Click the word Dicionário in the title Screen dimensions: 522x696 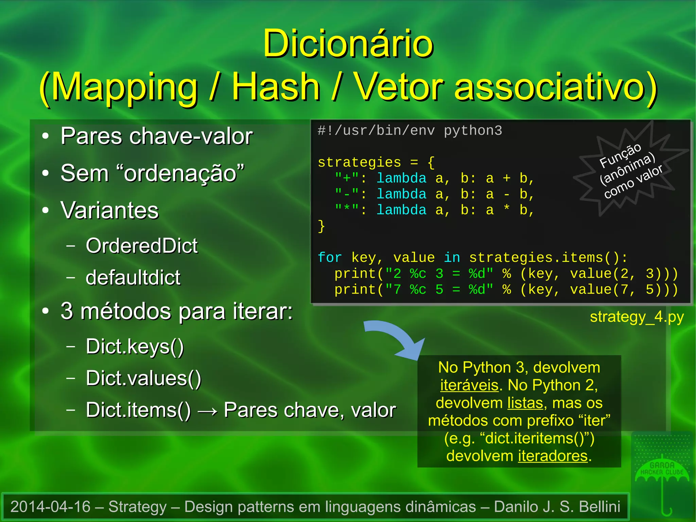coord(348,44)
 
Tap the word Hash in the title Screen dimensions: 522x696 coord(276,87)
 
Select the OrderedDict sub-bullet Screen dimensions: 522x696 coord(141,246)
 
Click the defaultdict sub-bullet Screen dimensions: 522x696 coord(133,277)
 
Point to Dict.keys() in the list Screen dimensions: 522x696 coord(135,347)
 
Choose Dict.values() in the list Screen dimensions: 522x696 coord(143,378)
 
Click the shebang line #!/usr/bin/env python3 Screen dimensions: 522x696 coord(410,131)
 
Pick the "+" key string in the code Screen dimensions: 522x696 coord(347,178)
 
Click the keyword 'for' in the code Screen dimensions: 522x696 coord(330,258)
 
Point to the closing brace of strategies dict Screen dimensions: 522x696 coord(321,226)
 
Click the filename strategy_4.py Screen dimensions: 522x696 coord(637,317)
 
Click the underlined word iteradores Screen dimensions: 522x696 coord(553,456)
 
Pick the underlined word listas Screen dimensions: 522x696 coord(525,403)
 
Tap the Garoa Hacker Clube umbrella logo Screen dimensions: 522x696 coord(662,476)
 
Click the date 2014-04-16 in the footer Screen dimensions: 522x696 coord(50,507)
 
